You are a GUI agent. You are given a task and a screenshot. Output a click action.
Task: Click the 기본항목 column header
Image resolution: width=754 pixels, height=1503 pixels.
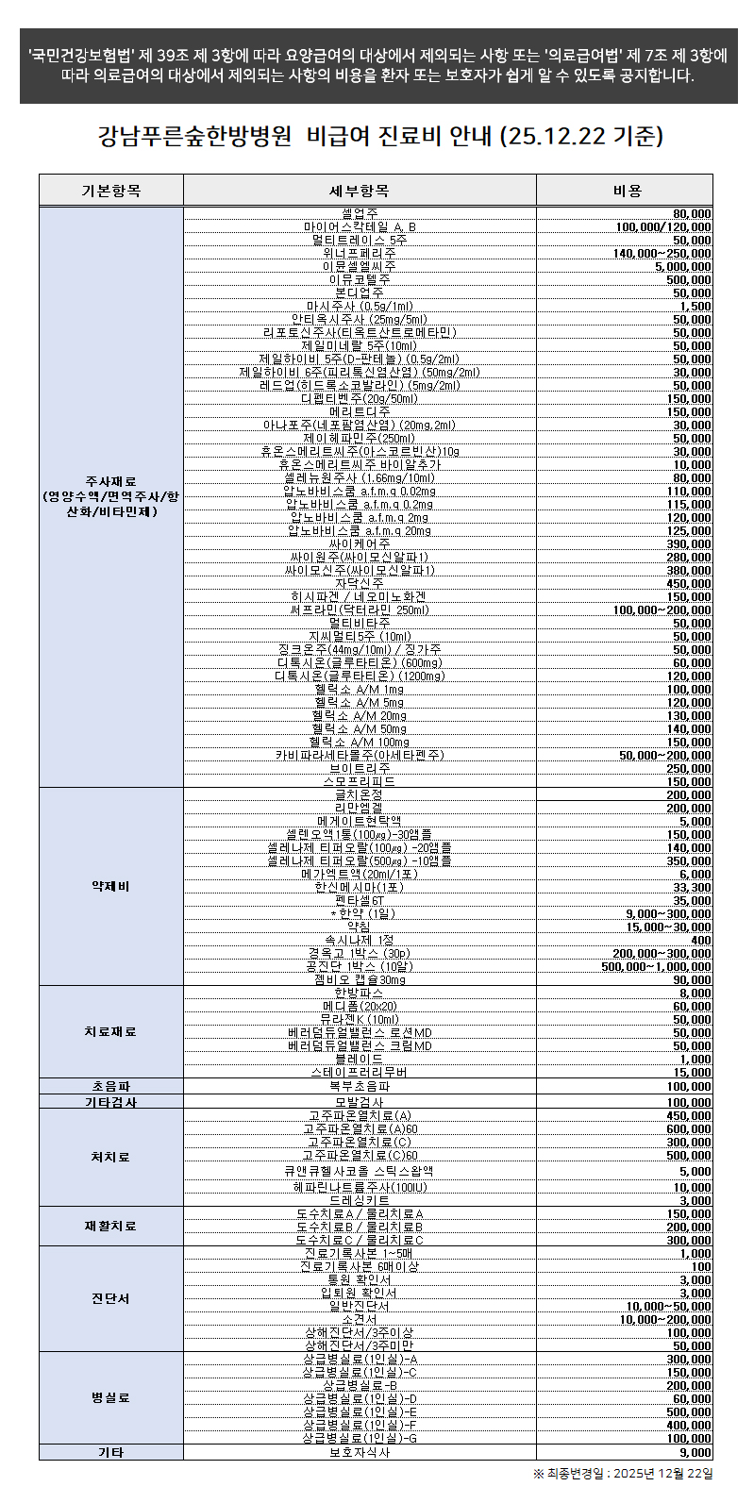tap(110, 191)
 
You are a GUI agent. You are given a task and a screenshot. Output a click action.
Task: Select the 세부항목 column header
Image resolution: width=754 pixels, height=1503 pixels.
tap(359, 191)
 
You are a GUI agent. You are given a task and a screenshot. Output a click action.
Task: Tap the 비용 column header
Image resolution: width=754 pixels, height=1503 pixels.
tap(626, 191)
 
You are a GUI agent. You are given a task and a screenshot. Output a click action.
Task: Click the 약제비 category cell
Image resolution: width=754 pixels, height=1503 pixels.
tap(110, 886)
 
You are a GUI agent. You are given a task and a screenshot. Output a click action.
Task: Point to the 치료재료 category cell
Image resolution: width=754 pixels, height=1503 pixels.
tap(110, 1031)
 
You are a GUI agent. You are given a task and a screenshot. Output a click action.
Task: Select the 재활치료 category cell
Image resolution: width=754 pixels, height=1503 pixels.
tap(110, 1226)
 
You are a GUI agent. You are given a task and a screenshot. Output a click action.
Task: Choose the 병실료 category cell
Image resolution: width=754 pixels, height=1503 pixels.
tap(110, 1397)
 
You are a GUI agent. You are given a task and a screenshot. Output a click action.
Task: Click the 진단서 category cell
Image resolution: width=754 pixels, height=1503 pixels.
tap(110, 1298)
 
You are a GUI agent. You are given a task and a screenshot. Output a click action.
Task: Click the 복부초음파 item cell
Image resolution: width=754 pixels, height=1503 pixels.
tap(359, 1086)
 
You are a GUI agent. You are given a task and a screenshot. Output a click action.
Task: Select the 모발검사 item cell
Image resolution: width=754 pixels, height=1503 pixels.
tap(359, 1101)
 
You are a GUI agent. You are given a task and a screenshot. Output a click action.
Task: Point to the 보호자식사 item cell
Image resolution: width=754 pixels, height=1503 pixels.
tap(359, 1452)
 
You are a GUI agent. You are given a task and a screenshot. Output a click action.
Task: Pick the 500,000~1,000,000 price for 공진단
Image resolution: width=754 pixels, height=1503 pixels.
tap(657, 966)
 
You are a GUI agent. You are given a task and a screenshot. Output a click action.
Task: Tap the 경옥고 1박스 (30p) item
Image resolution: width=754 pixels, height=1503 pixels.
tap(359, 953)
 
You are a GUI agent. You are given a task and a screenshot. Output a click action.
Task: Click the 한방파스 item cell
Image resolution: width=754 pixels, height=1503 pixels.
tap(359, 993)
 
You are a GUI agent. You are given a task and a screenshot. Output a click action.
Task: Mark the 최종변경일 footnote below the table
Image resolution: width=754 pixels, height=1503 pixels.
tap(623, 1473)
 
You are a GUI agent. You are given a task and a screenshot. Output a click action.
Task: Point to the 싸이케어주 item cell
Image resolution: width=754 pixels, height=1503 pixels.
tap(359, 543)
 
